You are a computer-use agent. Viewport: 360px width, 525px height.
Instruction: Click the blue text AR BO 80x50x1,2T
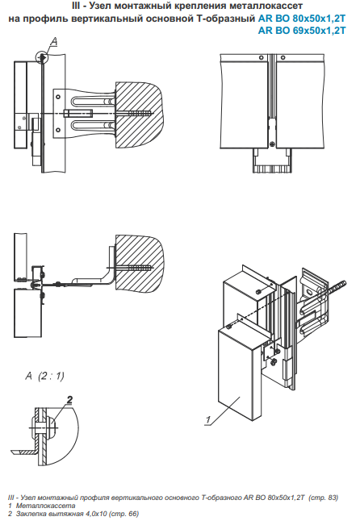[302, 19]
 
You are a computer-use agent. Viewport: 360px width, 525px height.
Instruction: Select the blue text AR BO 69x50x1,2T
[302, 31]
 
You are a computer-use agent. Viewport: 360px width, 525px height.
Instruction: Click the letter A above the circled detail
[53, 41]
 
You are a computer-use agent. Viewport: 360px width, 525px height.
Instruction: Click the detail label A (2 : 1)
[44, 376]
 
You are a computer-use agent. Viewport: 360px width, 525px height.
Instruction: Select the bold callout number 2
[69, 399]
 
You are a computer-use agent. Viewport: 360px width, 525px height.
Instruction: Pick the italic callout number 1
[208, 419]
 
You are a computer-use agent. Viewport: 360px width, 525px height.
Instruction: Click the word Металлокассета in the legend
[45, 506]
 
